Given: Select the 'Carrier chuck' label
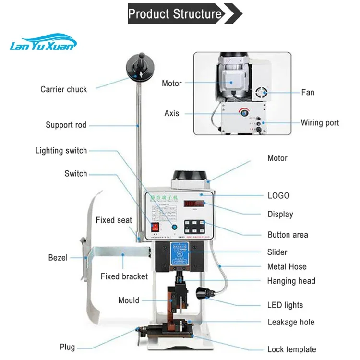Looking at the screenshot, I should (64, 89).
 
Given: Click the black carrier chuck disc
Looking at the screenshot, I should (140, 67).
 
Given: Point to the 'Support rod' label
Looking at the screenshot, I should (66, 125).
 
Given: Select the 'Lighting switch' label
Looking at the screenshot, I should (61, 151).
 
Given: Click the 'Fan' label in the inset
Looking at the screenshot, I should (308, 92).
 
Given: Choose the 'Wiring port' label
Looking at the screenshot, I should (320, 123).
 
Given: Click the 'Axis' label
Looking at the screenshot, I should (171, 113).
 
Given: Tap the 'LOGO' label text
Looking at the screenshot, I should (278, 195).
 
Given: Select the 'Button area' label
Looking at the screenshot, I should (288, 235).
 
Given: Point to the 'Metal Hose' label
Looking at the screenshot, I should (287, 266).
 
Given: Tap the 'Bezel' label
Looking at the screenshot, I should (58, 258).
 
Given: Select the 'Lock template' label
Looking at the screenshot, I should (291, 349).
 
